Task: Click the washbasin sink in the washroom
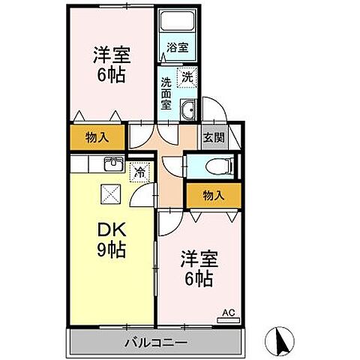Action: pyautogui.click(x=187, y=109)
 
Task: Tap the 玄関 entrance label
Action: pyautogui.click(x=211, y=138)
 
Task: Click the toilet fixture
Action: pyautogui.click(x=217, y=166)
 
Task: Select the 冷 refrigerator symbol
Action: pyautogui.click(x=139, y=172)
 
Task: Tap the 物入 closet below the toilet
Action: pyautogui.click(x=214, y=195)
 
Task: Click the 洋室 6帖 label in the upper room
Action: pyautogui.click(x=110, y=64)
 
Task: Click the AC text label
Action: pyautogui.click(x=226, y=310)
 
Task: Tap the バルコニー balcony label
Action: pyautogui.click(x=155, y=343)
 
